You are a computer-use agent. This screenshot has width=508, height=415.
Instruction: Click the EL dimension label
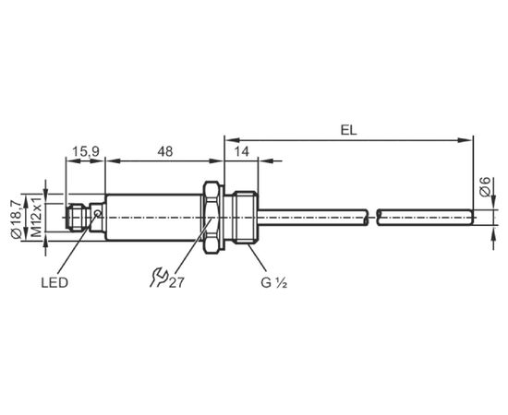coord(348,130)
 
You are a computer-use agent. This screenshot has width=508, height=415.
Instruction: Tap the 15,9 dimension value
coord(86,151)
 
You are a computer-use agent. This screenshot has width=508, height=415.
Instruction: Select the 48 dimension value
coord(165,151)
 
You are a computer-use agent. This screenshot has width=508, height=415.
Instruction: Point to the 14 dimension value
coord(242,151)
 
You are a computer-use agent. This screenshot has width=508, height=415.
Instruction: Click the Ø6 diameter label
coord(485,187)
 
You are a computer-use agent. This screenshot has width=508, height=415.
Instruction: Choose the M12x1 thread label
coord(37,217)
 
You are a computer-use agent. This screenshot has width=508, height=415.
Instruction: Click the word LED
coord(54,283)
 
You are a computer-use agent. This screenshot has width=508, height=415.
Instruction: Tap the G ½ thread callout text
coord(274,283)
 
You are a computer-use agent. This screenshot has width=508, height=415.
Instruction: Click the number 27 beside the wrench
coord(176,283)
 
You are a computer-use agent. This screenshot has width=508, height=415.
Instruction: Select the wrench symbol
coord(159,278)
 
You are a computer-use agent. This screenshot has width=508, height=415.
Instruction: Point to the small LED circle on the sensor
coord(97,213)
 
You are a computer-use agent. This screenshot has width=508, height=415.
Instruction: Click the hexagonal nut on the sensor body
coord(212,218)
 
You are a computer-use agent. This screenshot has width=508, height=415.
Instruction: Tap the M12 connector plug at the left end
coord(78,218)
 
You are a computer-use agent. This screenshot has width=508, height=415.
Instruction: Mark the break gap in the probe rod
coord(373,218)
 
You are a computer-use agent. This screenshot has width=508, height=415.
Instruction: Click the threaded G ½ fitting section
coord(246,218)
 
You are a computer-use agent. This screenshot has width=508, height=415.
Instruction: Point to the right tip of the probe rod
coord(473,218)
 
